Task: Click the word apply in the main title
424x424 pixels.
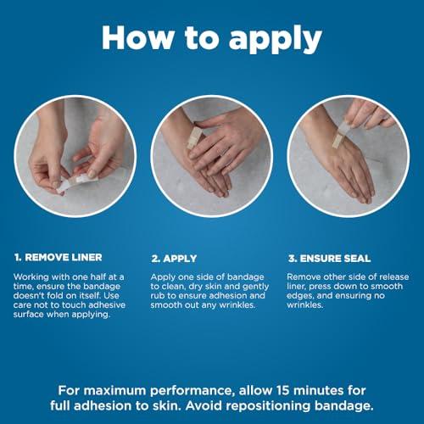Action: point(276,39)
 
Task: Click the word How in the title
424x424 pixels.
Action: point(138,37)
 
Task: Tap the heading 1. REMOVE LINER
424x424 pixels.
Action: point(59,258)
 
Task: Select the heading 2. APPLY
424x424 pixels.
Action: point(174,259)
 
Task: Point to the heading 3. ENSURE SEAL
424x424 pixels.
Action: point(330,259)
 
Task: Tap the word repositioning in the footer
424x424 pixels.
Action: point(269,406)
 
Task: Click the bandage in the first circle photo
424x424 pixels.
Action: point(77,182)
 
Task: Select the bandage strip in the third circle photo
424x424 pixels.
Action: point(340,136)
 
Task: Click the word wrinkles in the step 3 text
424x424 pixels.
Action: point(304,305)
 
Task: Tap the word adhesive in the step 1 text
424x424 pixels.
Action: point(107,305)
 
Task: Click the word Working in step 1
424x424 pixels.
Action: point(31,277)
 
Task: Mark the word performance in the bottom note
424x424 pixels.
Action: point(192,391)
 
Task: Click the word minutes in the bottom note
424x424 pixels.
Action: point(319,390)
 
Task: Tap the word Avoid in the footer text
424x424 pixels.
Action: point(204,406)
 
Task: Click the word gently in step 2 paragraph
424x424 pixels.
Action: point(256,287)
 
